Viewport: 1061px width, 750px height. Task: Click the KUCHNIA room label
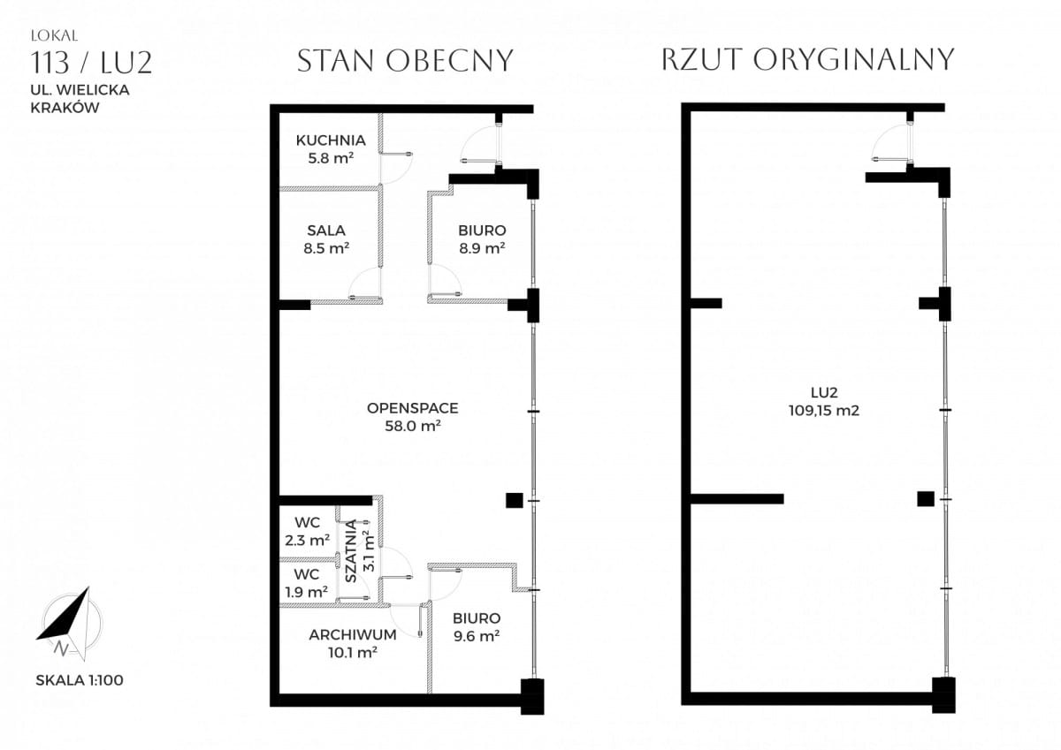(331, 149)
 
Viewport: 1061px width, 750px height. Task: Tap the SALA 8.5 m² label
(326, 239)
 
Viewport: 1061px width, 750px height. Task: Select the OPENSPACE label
(413, 417)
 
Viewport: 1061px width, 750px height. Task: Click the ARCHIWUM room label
(353, 643)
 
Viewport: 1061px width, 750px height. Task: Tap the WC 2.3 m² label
(307, 532)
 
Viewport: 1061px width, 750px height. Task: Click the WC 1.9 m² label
(307, 583)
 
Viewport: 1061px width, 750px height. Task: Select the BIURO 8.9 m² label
(482, 239)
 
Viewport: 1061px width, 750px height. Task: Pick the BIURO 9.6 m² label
(477, 627)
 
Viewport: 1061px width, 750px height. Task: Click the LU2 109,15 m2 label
(824, 401)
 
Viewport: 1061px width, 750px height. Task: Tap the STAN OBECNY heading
(406, 61)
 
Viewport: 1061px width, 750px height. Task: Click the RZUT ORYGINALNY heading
(807, 59)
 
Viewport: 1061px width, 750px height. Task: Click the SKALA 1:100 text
(80, 680)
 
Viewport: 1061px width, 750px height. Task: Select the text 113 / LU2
(91, 63)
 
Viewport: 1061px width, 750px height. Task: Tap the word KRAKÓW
(65, 108)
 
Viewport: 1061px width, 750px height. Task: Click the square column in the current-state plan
(515, 500)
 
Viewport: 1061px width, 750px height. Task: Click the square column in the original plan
(926, 499)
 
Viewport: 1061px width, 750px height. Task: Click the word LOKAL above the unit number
(55, 36)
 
